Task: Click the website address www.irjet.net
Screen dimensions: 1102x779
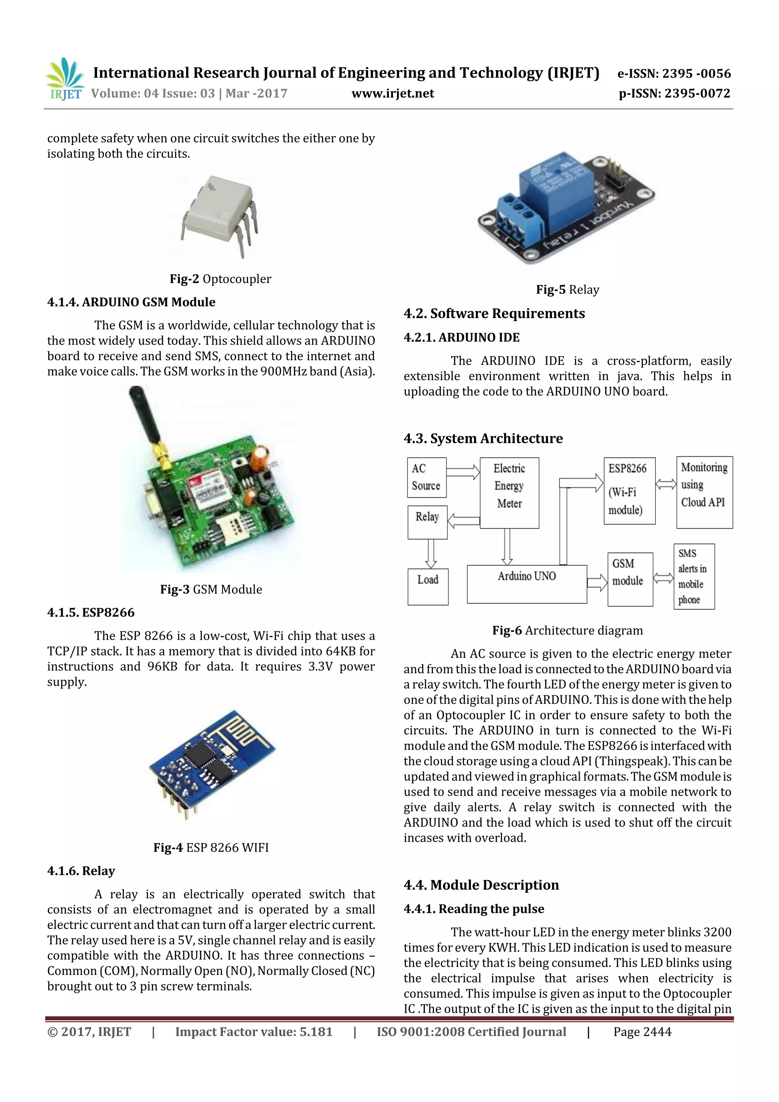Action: pyautogui.click(x=393, y=93)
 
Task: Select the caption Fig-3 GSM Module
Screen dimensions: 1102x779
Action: pyautogui.click(x=211, y=589)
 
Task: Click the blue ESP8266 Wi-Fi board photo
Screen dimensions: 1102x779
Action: pyautogui.click(x=211, y=763)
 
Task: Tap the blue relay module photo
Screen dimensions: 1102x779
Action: pyautogui.click(x=566, y=207)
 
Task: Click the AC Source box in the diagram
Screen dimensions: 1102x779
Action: pyautogui.click(x=427, y=477)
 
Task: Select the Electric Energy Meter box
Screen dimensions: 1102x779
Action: pyautogui.click(x=509, y=493)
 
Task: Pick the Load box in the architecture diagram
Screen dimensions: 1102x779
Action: pyautogui.click(x=428, y=587)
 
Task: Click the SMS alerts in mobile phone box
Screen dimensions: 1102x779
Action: pyautogui.click(x=693, y=576)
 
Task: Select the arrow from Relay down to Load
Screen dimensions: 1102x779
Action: pyautogui.click(x=431, y=553)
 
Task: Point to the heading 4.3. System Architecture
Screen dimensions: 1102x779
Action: pyautogui.click(x=483, y=438)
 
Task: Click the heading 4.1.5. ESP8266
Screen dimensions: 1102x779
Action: pyautogui.click(x=91, y=612)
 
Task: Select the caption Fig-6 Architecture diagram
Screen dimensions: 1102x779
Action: pyautogui.click(x=568, y=630)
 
